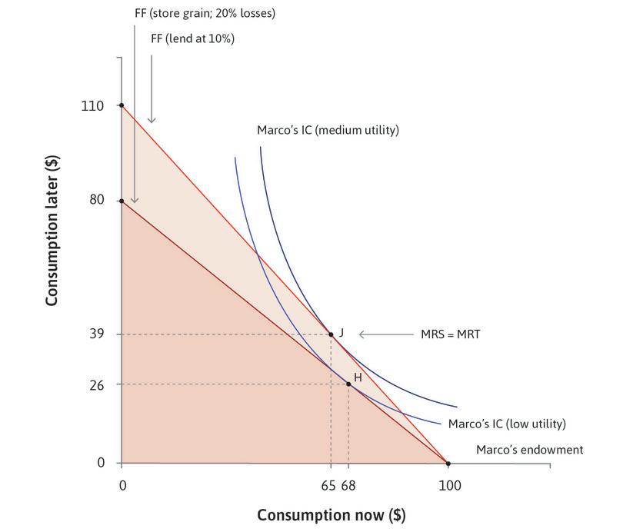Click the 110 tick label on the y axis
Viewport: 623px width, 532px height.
tap(92, 105)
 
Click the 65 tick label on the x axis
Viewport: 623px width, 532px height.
tap(328, 486)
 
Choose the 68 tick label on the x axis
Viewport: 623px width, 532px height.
tap(349, 486)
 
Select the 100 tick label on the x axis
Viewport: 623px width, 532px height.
tap(448, 486)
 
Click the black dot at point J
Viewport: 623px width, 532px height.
tap(331, 334)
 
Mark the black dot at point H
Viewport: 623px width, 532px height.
tap(348, 384)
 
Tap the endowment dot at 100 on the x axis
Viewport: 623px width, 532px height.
tap(448, 464)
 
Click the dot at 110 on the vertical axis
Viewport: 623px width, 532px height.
tap(122, 105)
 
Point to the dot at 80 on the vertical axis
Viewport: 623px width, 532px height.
tap(122, 201)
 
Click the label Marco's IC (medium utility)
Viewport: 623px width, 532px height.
tap(328, 131)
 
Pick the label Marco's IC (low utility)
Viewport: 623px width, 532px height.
tap(506, 423)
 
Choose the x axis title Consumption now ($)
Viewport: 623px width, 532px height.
tap(331, 514)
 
